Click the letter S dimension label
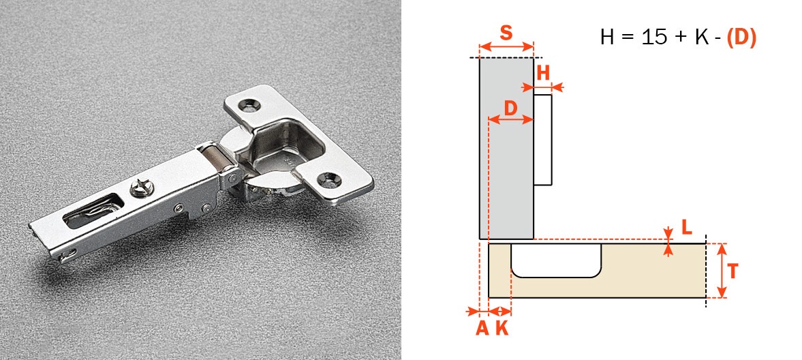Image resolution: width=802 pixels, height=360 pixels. point(506,33)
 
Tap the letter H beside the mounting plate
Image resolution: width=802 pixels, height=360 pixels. point(542,74)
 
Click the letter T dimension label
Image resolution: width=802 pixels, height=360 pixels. point(732,271)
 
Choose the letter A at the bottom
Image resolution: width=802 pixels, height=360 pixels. point(482,328)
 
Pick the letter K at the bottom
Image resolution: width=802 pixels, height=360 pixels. point(502,328)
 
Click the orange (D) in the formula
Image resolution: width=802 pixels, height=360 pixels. point(741,37)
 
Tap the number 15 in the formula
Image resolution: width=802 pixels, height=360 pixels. point(655,37)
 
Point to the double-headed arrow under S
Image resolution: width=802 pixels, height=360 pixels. point(506,47)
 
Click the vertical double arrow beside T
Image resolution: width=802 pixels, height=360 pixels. point(722,271)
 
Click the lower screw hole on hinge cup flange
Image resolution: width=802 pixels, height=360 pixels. point(333,178)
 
